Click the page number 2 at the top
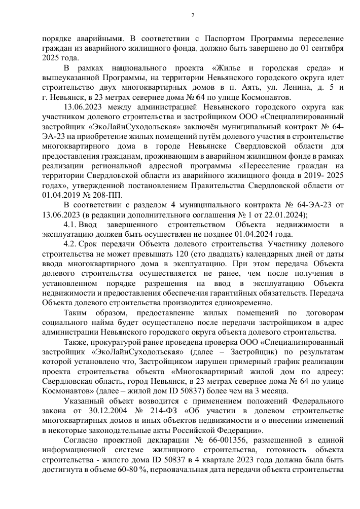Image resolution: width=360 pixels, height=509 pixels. pyautogui.click(x=193, y=14)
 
